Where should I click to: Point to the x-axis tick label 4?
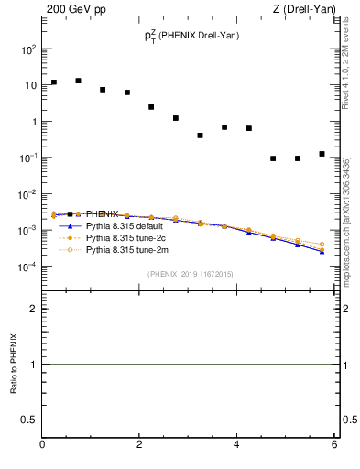click(237, 445)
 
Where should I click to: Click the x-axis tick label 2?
click(139, 445)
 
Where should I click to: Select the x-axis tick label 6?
click(334, 445)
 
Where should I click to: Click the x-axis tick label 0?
click(42, 445)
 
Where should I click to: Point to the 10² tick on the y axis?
click(28, 49)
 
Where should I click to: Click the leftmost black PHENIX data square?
click(54, 82)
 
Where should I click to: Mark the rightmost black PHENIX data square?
click(322, 154)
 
